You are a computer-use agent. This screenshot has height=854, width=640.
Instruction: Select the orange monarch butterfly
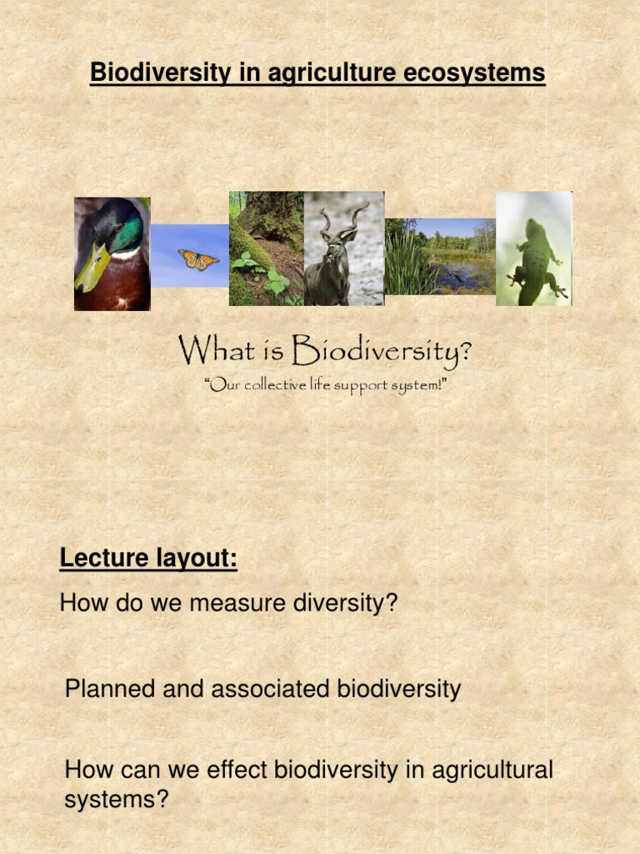[197, 259]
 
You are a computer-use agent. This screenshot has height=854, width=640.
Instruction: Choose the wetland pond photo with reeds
[440, 257]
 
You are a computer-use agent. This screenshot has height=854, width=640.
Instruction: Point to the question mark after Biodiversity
[465, 350]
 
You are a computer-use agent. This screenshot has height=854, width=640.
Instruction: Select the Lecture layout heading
[148, 558]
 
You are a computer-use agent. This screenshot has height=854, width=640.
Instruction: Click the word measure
[236, 603]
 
